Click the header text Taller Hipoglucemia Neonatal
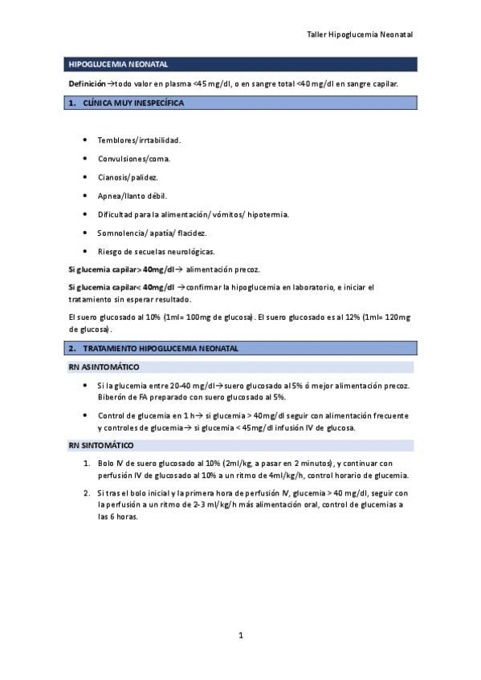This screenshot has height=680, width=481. (x=360, y=35)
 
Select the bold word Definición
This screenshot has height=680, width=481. (x=87, y=83)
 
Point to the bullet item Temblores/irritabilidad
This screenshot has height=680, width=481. (x=139, y=140)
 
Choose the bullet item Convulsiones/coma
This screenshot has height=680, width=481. (x=133, y=159)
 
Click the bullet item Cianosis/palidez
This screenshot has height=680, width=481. (x=128, y=177)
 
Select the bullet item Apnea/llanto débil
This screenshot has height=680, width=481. (x=132, y=196)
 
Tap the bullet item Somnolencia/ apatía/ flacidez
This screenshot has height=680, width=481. (x=152, y=233)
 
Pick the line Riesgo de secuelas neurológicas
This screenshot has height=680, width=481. (x=156, y=251)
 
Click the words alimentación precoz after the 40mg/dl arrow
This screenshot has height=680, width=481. (x=222, y=269)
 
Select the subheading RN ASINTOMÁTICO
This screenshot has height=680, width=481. (x=104, y=366)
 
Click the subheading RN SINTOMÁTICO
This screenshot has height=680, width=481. (x=101, y=445)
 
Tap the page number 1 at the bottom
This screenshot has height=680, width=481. (x=241, y=636)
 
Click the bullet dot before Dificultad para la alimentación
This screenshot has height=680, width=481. (x=85, y=214)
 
